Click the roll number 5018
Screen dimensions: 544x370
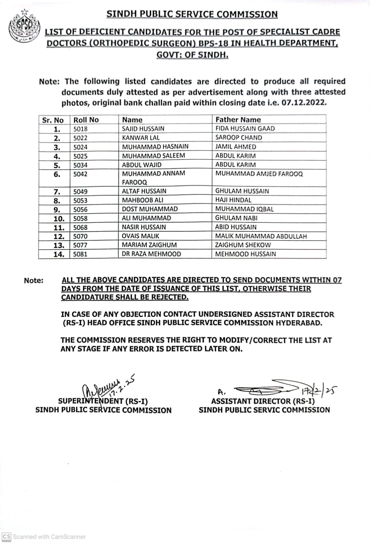point(81,129)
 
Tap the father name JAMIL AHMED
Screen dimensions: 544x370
point(236,147)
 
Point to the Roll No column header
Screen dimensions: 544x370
point(86,120)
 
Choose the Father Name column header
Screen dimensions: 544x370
point(238,120)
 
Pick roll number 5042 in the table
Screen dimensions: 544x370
point(81,174)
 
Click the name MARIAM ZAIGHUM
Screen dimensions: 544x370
point(149,245)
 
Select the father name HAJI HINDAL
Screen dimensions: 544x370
point(233,200)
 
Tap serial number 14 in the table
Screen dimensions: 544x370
point(59,254)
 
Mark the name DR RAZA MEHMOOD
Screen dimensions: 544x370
point(151,254)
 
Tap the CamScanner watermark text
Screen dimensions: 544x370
point(49,537)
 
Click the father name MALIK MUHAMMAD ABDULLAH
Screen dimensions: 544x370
point(261,236)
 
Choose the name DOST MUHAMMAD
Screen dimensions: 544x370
point(150,209)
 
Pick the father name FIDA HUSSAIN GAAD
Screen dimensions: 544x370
point(245,129)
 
